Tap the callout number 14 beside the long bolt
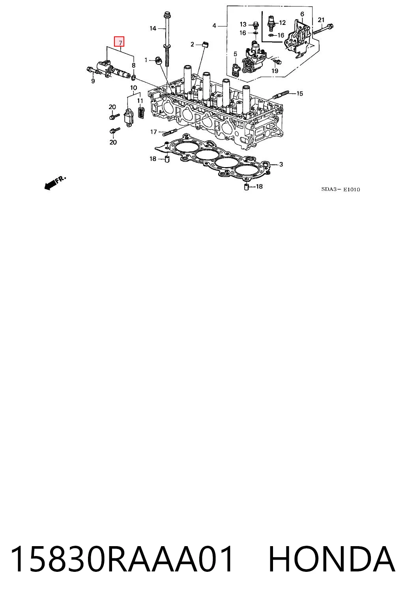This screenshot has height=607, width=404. click(x=153, y=28)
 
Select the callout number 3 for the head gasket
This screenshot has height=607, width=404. click(x=281, y=164)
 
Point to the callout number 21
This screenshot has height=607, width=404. click(x=321, y=20)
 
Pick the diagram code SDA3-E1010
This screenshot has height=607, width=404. click(x=340, y=189)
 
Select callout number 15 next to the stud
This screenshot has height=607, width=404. click(x=299, y=94)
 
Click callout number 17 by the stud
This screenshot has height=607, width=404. click(x=153, y=132)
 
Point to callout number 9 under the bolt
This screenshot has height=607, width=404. click(x=93, y=81)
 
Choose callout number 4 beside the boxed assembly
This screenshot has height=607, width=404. click(x=214, y=26)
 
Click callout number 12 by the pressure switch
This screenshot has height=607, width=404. click(x=282, y=23)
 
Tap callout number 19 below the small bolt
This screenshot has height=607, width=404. click(x=275, y=71)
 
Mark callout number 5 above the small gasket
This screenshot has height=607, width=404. click(x=235, y=54)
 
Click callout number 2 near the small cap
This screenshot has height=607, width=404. click(x=192, y=44)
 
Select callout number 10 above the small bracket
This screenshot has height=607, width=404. click(x=133, y=88)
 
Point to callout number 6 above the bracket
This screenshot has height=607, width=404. click(x=302, y=14)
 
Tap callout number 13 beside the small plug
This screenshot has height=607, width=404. click(x=243, y=25)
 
